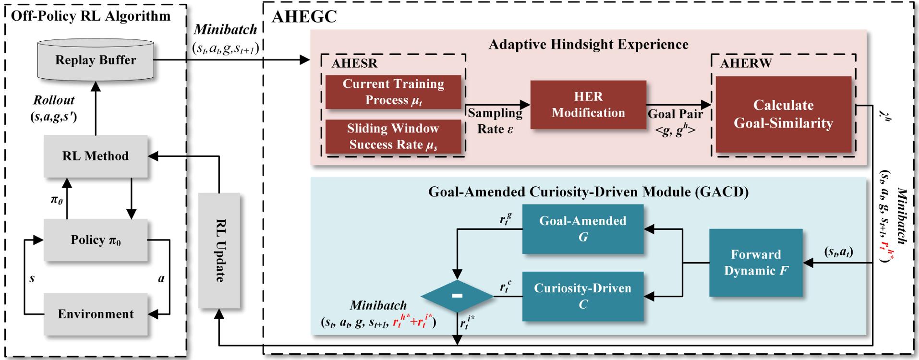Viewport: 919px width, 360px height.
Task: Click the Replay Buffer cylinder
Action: coord(96,60)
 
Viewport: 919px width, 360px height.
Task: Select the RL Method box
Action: coord(96,156)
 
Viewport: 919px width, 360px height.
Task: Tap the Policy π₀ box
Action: coord(96,240)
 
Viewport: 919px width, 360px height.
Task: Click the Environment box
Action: coord(96,314)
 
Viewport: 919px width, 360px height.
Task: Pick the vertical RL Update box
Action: coord(219,250)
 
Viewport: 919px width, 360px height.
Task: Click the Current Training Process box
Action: coord(393,92)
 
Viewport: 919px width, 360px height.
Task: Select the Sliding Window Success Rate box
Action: coord(393,136)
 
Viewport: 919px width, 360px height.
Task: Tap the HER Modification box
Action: coord(588,105)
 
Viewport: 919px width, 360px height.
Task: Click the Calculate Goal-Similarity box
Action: coord(783,114)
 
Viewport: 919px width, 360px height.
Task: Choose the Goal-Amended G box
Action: coord(582,229)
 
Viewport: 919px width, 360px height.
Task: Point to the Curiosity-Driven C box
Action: coord(582,296)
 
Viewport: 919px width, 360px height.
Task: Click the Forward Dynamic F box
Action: coord(756,263)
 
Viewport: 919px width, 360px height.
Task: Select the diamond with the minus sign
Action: coord(457,296)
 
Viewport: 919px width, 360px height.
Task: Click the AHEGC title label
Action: coord(304,16)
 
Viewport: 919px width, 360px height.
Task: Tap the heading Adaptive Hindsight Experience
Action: coord(588,45)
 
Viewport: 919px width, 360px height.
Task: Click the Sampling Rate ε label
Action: coord(495,121)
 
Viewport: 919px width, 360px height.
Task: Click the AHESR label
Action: coord(354,63)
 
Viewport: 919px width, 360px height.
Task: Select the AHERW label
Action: coord(746,63)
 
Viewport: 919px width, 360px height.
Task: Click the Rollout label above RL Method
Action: coord(54,100)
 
